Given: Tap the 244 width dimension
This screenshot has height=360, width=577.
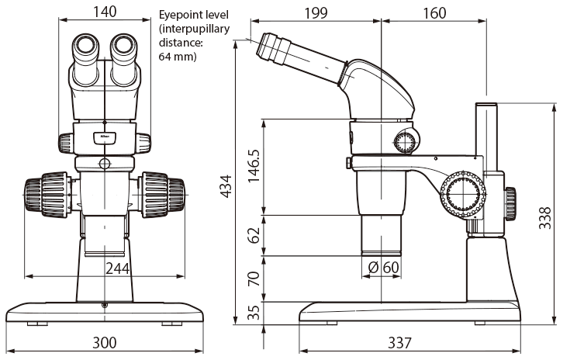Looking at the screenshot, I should (x=116, y=268).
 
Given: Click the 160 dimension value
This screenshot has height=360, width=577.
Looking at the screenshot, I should (x=434, y=12).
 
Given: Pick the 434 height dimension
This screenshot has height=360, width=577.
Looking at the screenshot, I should (x=226, y=185).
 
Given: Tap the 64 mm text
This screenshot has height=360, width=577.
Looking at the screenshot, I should (x=178, y=57).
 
